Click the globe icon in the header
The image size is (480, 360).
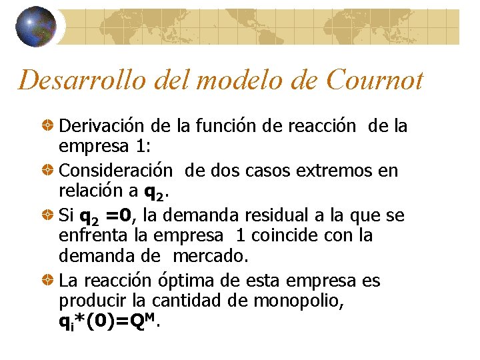click(37, 27)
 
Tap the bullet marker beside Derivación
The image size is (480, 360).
click(49, 125)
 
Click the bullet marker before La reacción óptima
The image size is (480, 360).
click(49, 281)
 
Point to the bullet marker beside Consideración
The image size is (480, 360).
click(49, 171)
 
